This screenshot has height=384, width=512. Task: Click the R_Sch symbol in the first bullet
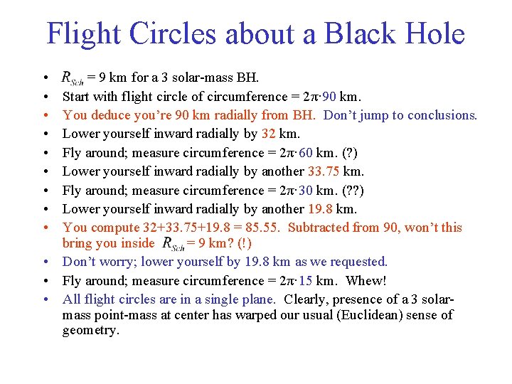pyautogui.click(x=73, y=78)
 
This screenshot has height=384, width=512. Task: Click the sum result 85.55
pyautogui.click(x=265, y=228)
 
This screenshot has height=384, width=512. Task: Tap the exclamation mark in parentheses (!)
pyautogui.click(x=245, y=243)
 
